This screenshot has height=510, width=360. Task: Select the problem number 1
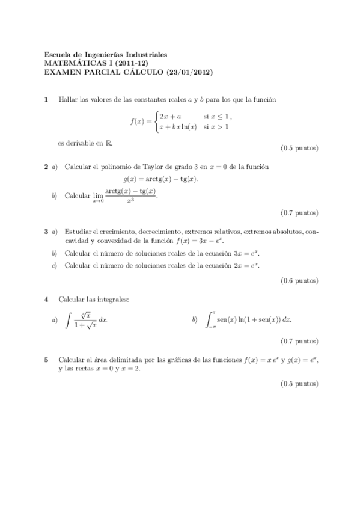pos(47,99)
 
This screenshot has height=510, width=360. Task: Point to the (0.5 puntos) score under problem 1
pos(299,148)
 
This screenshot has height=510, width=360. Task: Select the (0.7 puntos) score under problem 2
pos(299,212)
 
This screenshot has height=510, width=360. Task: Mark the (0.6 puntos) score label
pos(299,280)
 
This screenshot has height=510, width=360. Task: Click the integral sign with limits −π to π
pos(210,319)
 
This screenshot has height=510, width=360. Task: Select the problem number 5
pos(46,360)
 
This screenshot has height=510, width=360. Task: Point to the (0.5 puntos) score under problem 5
pos(299,383)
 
